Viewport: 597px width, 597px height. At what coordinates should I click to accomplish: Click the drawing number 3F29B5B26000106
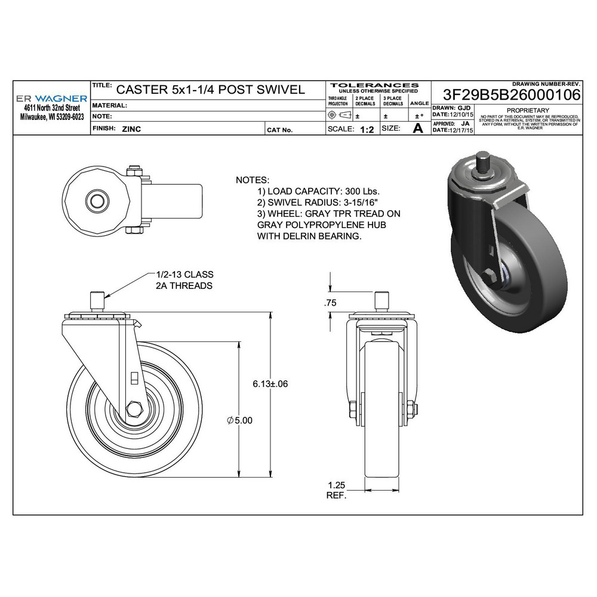512,95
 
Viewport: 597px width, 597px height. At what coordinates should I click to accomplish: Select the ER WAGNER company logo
51,98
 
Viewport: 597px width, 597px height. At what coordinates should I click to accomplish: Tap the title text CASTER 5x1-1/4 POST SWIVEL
210,90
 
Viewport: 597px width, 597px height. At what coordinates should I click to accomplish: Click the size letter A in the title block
418,128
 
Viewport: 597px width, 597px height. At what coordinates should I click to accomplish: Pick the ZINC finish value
131,129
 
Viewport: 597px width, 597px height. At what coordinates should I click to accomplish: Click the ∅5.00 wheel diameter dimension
240,420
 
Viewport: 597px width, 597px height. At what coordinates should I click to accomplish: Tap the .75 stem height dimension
330,303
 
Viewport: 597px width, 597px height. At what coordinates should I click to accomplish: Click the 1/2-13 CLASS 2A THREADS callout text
184,280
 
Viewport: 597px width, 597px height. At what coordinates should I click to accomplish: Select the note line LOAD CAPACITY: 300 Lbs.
318,192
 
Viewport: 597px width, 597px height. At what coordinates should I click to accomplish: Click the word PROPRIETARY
527,110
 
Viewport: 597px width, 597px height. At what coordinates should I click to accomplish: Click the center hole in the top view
95,198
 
